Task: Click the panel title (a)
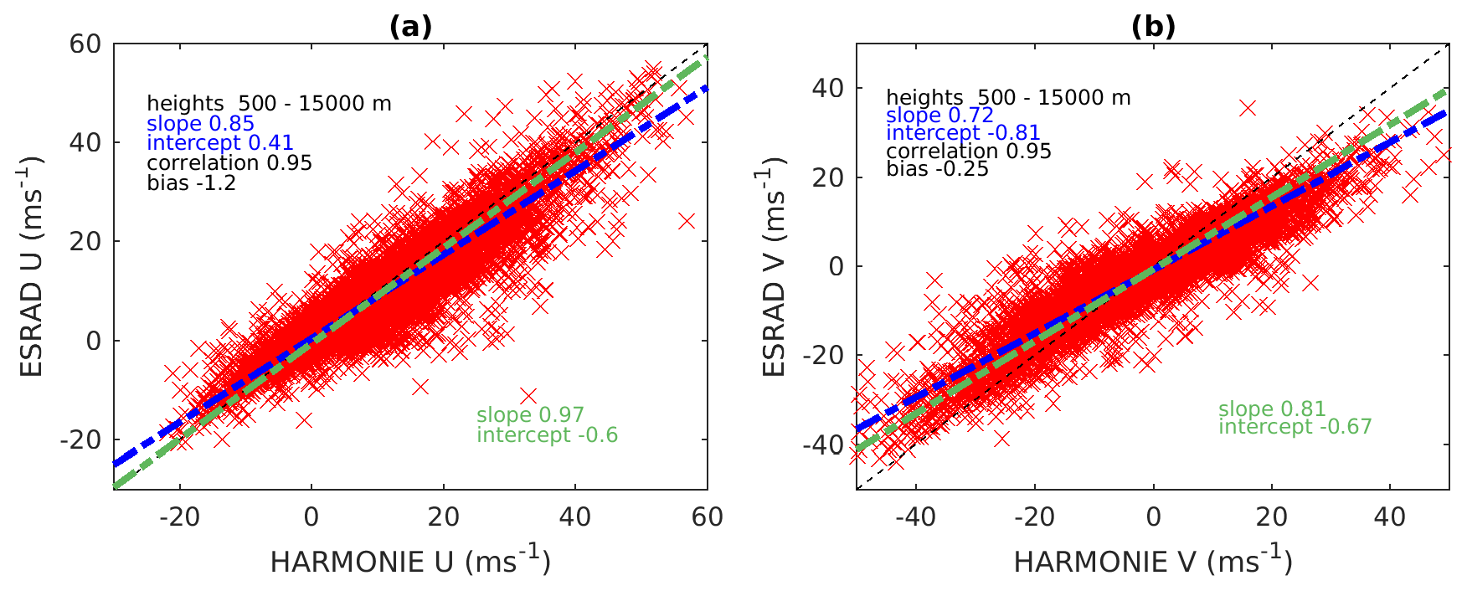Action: pyautogui.click(x=410, y=28)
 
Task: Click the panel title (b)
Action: pyautogui.click(x=1153, y=28)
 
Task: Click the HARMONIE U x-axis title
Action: pyautogui.click(x=410, y=561)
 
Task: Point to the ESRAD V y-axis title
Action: pyautogui.click(x=774, y=266)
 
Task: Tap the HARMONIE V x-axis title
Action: pyautogui.click(x=1153, y=561)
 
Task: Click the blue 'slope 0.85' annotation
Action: pyautogui.click(x=200, y=124)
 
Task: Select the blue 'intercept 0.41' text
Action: pyautogui.click(x=220, y=143)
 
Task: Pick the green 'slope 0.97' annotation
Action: pyautogui.click(x=530, y=415)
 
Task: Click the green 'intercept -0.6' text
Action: pyautogui.click(x=547, y=435)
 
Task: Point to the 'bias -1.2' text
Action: pyautogui.click(x=192, y=182)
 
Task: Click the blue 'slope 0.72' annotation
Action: pyautogui.click(x=939, y=116)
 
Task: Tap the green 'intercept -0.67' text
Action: pyautogui.click(x=1295, y=427)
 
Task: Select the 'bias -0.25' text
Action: pyautogui.click(x=937, y=169)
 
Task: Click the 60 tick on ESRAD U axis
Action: pyautogui.click(x=85, y=44)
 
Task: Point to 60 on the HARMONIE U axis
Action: pyautogui.click(x=707, y=517)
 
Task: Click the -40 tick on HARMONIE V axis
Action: pyautogui.click(x=915, y=517)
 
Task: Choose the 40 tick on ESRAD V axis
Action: pyautogui.click(x=826, y=88)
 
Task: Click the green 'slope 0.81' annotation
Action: pyautogui.click(x=1272, y=409)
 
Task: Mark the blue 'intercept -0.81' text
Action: pyautogui.click(x=963, y=133)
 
